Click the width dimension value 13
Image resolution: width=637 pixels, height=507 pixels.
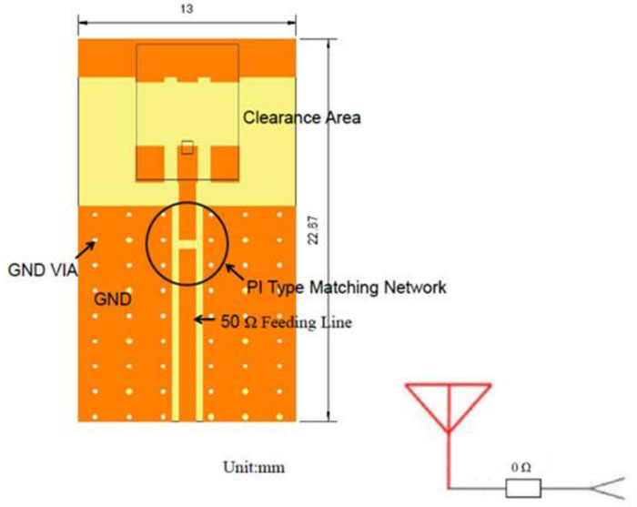tap(187, 9)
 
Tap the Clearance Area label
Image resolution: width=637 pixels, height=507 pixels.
tap(301, 117)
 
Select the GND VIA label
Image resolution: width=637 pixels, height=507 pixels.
tap(39, 269)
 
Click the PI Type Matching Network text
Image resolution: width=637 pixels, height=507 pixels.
tap(347, 288)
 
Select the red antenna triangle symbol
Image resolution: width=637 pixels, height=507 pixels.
tap(448, 408)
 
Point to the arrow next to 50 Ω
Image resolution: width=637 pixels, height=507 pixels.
tap(208, 319)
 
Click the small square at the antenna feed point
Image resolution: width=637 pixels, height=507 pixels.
tap(187, 146)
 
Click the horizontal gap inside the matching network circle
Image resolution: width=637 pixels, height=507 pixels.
tap(187, 244)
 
